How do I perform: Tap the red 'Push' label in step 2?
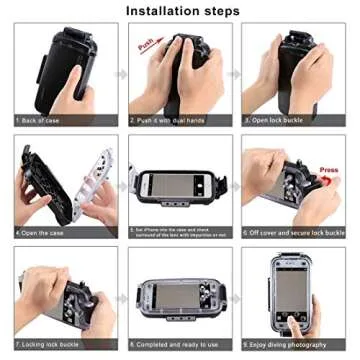click(x=147, y=46)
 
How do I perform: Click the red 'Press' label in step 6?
click(x=330, y=169)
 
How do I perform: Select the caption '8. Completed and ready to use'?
click(x=171, y=344)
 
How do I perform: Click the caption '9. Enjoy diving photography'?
click(x=284, y=344)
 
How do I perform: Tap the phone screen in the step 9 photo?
click(x=291, y=291)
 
